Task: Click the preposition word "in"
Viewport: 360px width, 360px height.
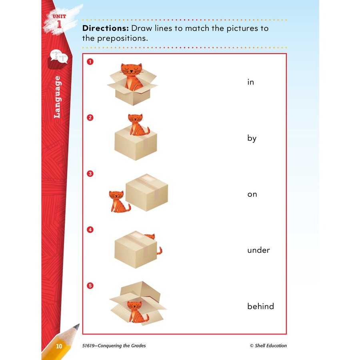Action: point(250,82)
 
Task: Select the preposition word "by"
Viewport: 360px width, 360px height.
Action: point(252,138)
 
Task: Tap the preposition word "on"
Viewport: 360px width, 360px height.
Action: point(252,194)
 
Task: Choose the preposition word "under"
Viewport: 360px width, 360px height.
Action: point(258,250)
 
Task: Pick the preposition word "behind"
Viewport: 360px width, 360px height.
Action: point(260,306)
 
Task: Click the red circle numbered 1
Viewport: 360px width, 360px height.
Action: point(90,62)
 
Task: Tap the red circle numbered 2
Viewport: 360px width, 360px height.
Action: point(90,118)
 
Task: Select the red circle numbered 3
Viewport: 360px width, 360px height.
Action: point(90,174)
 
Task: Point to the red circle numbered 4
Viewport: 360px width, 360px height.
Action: point(90,230)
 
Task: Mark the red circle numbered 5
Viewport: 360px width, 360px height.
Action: point(90,286)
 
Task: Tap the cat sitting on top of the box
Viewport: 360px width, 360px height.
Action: point(138,125)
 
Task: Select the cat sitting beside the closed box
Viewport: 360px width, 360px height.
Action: point(118,201)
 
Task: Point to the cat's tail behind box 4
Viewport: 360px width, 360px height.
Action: point(160,251)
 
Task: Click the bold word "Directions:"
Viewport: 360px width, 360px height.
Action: point(106,28)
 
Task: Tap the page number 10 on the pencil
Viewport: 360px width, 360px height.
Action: point(59,346)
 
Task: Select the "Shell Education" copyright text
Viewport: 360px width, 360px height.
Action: point(268,346)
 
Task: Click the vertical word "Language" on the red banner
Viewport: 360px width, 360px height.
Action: point(57,97)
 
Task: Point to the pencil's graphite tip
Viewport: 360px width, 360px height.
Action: point(77,326)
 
